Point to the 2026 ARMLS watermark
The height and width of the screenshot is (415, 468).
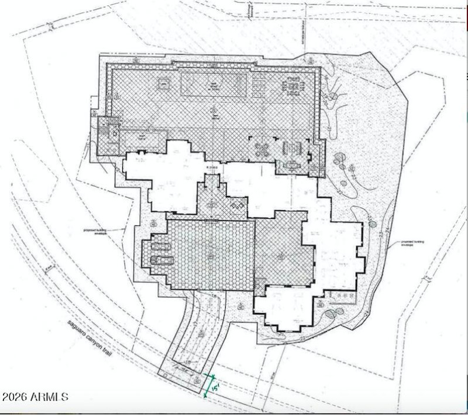(35, 397)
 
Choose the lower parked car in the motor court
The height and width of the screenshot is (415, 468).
(161, 260)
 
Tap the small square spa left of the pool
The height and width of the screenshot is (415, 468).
(163, 83)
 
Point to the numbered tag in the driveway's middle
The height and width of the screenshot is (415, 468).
(201, 333)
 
